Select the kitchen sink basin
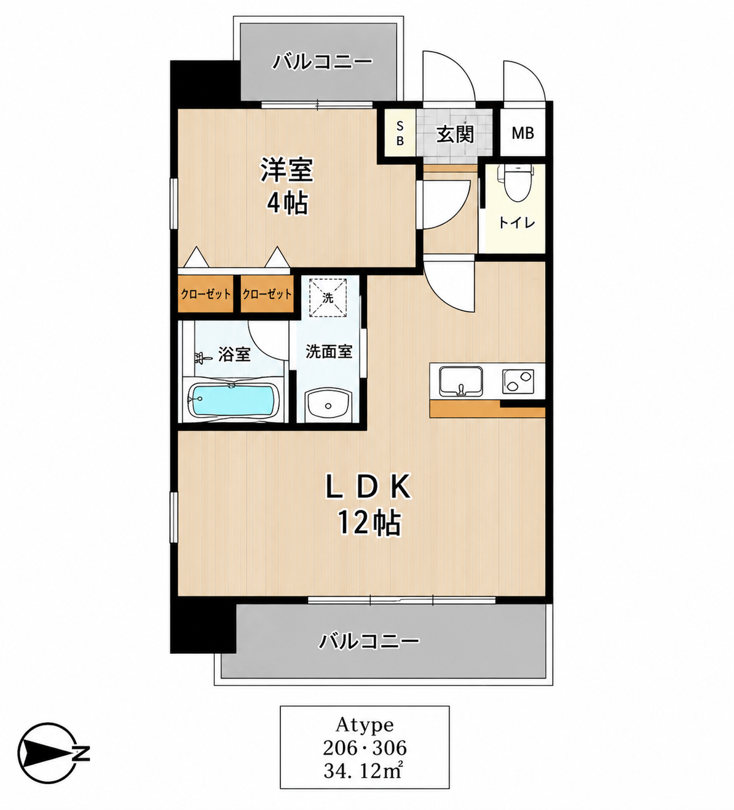point(461,381)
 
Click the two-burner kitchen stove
point(518,381)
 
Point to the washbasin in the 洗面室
point(328,405)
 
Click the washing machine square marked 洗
point(328,298)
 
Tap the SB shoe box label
point(400,133)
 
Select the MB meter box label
point(523,133)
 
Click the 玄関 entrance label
point(455,135)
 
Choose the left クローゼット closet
point(205,294)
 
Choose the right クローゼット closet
point(267,294)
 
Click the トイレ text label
point(517,223)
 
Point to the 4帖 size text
point(287,203)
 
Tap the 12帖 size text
point(369,523)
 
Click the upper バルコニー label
point(322,63)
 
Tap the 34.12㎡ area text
point(365,772)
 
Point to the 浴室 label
point(234,354)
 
